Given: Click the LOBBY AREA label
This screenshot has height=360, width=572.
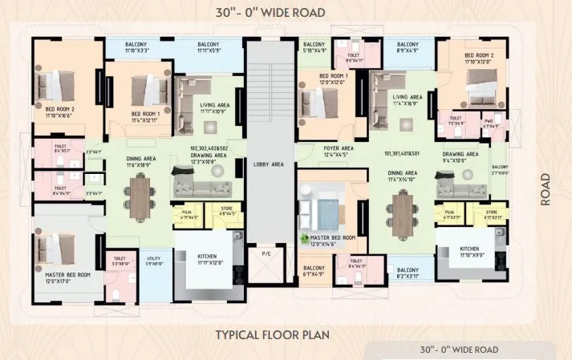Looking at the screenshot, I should coord(269,164).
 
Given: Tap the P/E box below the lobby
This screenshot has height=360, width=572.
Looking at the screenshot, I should coord(267,255).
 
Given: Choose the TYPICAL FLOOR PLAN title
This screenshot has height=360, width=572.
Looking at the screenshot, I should coord(273,334).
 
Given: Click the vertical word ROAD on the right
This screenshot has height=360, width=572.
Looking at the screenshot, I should coord(546,189).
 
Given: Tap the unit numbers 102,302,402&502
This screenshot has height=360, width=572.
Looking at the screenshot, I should coord(209,149).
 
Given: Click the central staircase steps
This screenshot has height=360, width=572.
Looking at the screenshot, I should coord(269,96).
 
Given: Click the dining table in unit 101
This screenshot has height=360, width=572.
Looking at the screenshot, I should coord(401,212).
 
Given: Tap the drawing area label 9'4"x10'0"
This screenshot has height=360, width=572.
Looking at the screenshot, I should coord(460,157).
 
